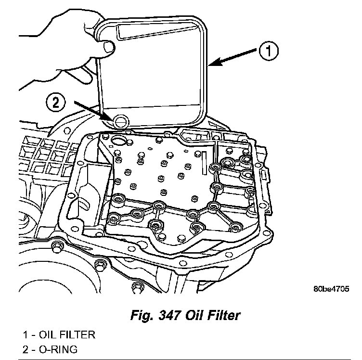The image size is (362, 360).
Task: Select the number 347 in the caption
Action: click(x=169, y=316)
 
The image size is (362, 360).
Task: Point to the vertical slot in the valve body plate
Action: click(x=205, y=158)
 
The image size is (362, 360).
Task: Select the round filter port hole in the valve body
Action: click(x=117, y=141)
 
